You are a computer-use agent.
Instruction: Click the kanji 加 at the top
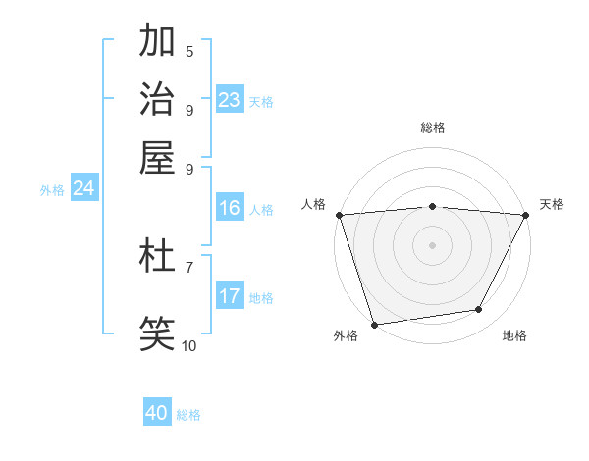click(x=158, y=41)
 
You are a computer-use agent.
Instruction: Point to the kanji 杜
click(x=158, y=257)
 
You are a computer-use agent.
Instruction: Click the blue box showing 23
click(x=230, y=100)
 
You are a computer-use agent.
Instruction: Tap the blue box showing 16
click(x=230, y=208)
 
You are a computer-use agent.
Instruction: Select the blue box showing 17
click(x=230, y=296)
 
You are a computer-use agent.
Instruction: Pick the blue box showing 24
click(x=83, y=189)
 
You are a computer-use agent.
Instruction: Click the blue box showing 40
click(x=157, y=413)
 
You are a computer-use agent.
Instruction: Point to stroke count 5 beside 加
click(x=189, y=51)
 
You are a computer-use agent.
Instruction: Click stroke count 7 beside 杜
click(x=189, y=267)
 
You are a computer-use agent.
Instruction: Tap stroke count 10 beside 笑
click(x=189, y=345)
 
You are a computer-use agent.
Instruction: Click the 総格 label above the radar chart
click(x=433, y=128)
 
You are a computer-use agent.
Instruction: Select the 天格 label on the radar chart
click(x=552, y=204)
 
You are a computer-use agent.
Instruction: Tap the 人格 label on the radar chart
click(x=314, y=204)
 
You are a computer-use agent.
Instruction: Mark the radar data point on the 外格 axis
click(x=375, y=324)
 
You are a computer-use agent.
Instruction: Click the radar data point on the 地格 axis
click(x=479, y=310)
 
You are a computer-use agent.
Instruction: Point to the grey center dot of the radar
click(x=433, y=244)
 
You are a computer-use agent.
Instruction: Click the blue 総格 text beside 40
click(x=188, y=415)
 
